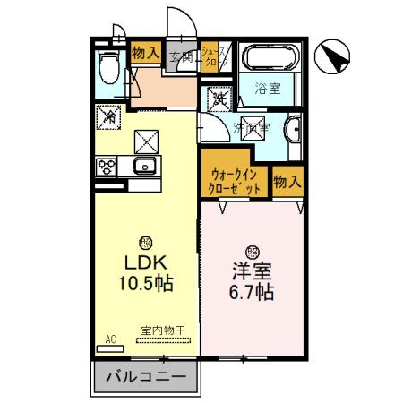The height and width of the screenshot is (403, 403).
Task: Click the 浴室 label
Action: pyautogui.click(x=266, y=89)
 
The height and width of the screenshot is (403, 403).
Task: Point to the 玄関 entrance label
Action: pyautogui.click(x=181, y=56)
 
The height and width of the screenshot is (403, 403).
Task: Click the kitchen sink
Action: pyautogui.click(x=143, y=167)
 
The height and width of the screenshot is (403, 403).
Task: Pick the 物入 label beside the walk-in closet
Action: pyautogui.click(x=287, y=182)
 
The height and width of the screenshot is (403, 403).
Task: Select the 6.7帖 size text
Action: pyautogui.click(x=252, y=292)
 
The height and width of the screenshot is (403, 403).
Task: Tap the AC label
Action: pyautogui.click(x=111, y=339)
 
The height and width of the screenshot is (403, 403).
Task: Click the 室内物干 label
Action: pyautogui.click(x=162, y=330)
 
